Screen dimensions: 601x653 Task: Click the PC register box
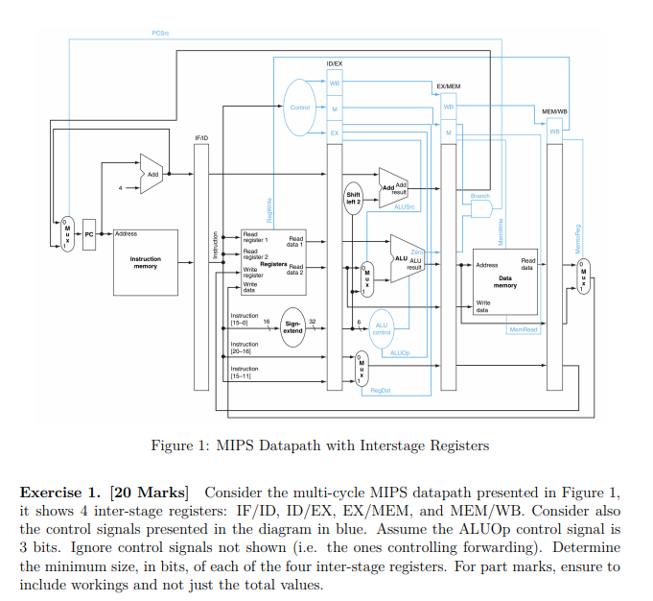[x=89, y=233]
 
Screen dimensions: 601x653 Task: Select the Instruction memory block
[x=146, y=261]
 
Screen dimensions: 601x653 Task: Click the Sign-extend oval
[x=292, y=327]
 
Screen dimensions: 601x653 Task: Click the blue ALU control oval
[x=381, y=327]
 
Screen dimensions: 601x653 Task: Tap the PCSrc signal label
[x=160, y=34]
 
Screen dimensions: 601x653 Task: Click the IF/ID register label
[x=201, y=138]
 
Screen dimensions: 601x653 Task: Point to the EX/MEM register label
[x=448, y=86]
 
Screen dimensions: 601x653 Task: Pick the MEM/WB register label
[x=554, y=111]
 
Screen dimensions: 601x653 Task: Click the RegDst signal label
[x=380, y=391]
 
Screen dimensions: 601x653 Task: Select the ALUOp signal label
[x=400, y=353]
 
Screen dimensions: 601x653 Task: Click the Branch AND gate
[x=480, y=208]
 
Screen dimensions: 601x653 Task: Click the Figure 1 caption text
[x=320, y=445]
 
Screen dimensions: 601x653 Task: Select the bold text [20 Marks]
[x=150, y=493]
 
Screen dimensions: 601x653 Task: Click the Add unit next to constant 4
[x=152, y=174]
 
